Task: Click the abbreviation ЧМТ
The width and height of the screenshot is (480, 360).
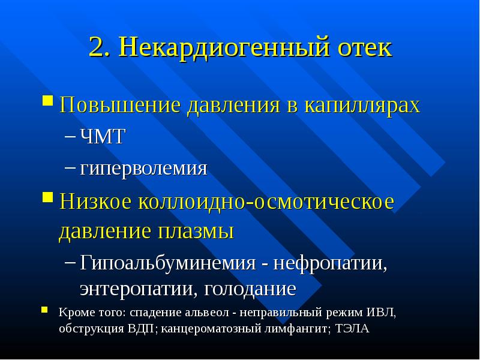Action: pos(102,136)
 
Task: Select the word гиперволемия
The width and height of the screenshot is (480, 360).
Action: pos(143,169)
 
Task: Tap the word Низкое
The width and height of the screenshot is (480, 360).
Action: pos(95,202)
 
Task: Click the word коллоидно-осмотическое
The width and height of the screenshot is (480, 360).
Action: pos(266,202)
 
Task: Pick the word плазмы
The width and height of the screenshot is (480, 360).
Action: pos(196,232)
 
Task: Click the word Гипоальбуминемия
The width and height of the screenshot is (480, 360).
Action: pos(168,263)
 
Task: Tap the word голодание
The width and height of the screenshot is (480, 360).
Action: pos(250,288)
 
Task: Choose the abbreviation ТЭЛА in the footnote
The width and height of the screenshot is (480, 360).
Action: pos(352,328)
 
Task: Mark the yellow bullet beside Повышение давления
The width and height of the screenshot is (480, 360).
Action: pos(47,100)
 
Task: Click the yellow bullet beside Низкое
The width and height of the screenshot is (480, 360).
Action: pos(47,197)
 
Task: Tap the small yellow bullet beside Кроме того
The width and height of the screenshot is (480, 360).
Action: pos(44,310)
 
